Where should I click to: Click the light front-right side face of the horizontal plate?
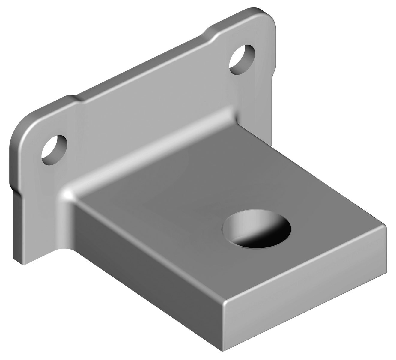click(x=303, y=303)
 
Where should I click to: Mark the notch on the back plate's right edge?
click(x=273, y=72)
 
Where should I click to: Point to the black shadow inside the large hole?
click(x=264, y=237)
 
